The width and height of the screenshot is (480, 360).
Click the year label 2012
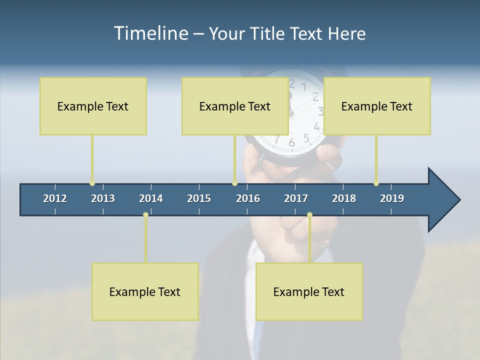click(55, 198)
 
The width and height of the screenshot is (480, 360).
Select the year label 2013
click(103, 198)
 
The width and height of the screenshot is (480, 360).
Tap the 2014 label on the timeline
click(151, 198)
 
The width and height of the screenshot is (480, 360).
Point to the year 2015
click(199, 198)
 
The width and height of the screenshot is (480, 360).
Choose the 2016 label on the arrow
click(248, 198)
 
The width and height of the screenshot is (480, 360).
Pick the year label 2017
click(296, 198)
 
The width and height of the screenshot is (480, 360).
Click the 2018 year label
click(344, 198)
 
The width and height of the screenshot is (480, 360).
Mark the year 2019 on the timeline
click(392, 198)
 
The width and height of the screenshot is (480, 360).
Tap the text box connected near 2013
click(93, 106)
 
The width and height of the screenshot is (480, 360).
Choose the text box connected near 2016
click(235, 106)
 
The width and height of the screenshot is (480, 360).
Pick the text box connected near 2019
click(377, 106)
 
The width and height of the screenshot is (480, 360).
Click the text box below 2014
click(145, 291)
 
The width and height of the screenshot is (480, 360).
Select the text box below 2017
click(309, 291)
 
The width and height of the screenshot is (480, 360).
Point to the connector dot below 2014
click(145, 215)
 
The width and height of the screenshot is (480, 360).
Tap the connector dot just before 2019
click(376, 183)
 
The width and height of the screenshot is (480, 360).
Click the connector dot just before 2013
click(92, 183)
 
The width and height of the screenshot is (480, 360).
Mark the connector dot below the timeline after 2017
click(309, 215)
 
